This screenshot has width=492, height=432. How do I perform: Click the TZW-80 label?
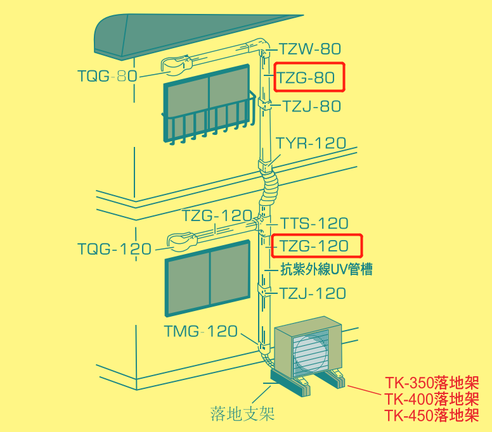coord(309,49)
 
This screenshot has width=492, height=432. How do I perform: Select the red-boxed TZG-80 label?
coord(306,77)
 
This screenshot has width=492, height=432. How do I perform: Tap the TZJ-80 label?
coord(311,106)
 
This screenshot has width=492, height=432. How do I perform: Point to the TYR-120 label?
coord(311,143)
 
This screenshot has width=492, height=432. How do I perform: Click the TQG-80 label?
coord(107,76)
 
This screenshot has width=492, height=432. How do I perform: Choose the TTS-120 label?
coord(314,224)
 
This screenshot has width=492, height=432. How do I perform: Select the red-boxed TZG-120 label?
coord(314,246)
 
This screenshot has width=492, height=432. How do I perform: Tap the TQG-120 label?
coord(115,249)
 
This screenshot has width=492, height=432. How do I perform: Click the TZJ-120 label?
coord(313,294)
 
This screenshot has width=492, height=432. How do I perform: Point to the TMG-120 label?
coord(201,331)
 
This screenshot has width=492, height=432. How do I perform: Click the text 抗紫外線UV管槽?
coord(327,269)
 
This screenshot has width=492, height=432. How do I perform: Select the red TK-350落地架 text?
coord(432,383)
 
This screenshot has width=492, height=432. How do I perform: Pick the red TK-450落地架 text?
coord(432,416)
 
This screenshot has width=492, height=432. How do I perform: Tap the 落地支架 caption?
coord(242,414)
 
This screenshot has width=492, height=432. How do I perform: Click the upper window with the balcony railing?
coord(209,104)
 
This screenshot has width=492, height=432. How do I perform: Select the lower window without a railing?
coord(208,278)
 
